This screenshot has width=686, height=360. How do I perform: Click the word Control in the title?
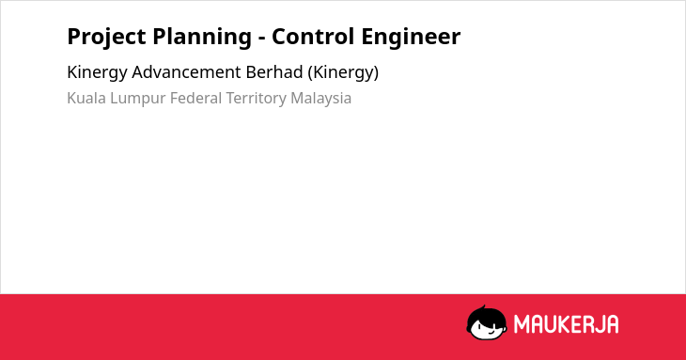313,37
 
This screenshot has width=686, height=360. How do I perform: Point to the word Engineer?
411,37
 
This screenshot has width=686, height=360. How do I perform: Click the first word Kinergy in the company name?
97,72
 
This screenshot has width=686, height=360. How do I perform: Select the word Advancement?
186,71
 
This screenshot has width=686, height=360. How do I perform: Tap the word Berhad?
274,71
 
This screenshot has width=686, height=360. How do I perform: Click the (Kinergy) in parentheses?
343,72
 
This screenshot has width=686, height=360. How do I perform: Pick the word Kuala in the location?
86,98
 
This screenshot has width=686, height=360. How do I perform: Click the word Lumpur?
138,99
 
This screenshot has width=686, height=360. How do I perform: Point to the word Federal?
195,98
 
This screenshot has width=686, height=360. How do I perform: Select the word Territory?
256,99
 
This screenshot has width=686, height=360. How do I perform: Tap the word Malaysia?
321,99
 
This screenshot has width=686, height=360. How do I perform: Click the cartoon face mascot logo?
487,323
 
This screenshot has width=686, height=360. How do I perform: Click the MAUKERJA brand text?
566,324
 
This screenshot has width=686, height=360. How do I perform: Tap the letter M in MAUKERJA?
522,324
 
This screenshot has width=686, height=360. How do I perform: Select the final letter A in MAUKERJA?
612,324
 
